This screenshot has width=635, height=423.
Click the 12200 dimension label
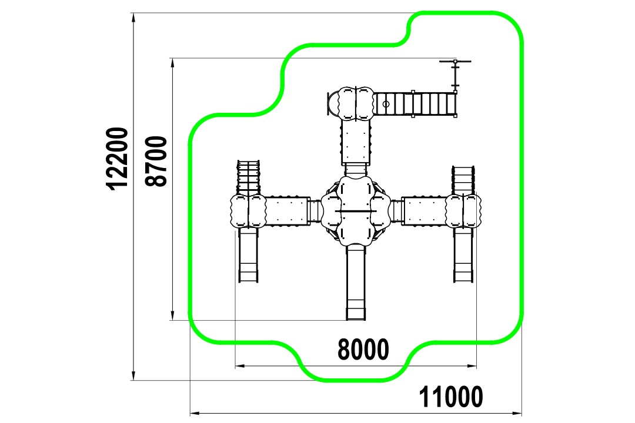click(x=118, y=158)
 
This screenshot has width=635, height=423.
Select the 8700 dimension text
click(x=156, y=161)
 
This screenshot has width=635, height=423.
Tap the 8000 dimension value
click(x=363, y=350)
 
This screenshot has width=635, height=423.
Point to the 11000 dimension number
click(x=451, y=397)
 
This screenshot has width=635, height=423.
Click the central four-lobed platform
click(x=356, y=211)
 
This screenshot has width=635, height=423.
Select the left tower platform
click(x=248, y=211)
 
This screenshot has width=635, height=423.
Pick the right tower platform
click(x=463, y=211)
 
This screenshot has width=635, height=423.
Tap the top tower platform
click(x=356, y=103)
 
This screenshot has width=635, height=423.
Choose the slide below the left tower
click(x=248, y=255)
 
